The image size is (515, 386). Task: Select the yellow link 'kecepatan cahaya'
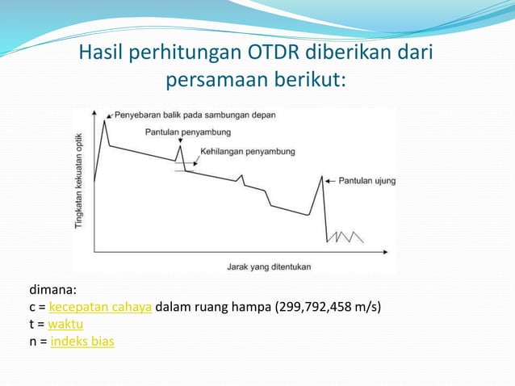(x=100, y=308)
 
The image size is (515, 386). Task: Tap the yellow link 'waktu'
(x=65, y=325)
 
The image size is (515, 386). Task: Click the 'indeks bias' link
(x=82, y=342)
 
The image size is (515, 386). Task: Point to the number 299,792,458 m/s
(x=329, y=308)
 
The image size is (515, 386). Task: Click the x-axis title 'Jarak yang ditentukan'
(x=268, y=266)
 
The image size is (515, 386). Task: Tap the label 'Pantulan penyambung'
(x=189, y=132)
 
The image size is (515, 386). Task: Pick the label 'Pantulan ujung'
(x=366, y=181)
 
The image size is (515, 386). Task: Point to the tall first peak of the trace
(x=104, y=122)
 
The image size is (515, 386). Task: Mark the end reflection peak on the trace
(x=323, y=177)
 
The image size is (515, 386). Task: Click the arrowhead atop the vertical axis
(x=94, y=114)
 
